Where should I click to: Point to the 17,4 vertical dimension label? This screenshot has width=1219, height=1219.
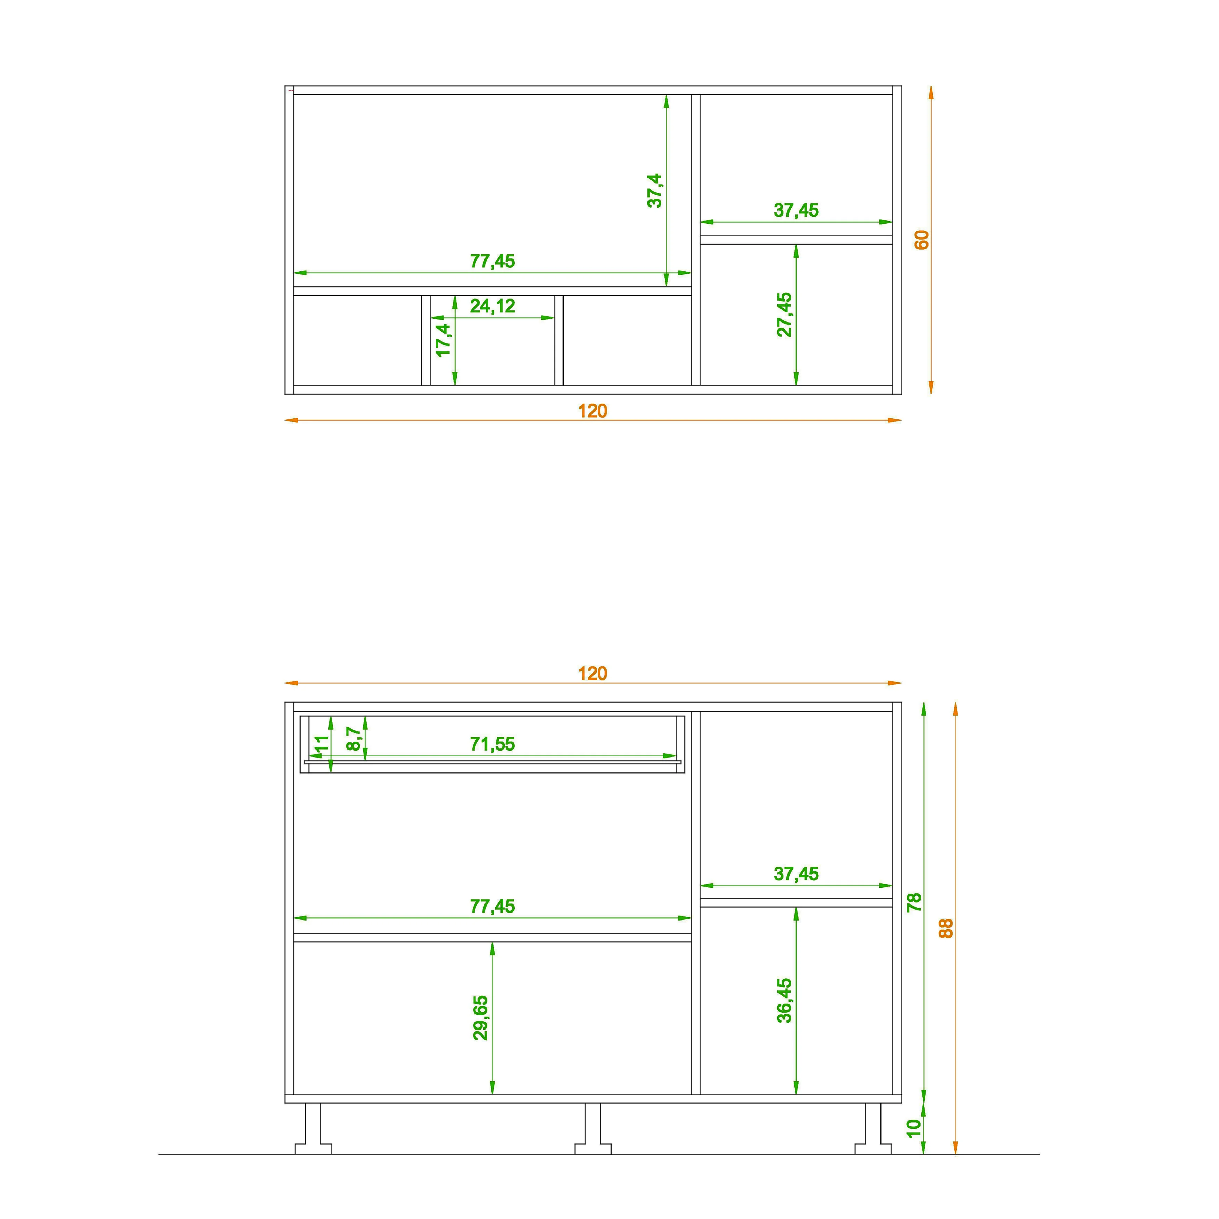tap(444, 340)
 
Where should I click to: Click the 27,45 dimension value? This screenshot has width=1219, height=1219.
tap(784, 314)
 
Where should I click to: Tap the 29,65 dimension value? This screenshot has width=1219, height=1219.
tap(480, 1018)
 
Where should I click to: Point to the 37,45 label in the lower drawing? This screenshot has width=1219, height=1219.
tap(796, 874)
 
